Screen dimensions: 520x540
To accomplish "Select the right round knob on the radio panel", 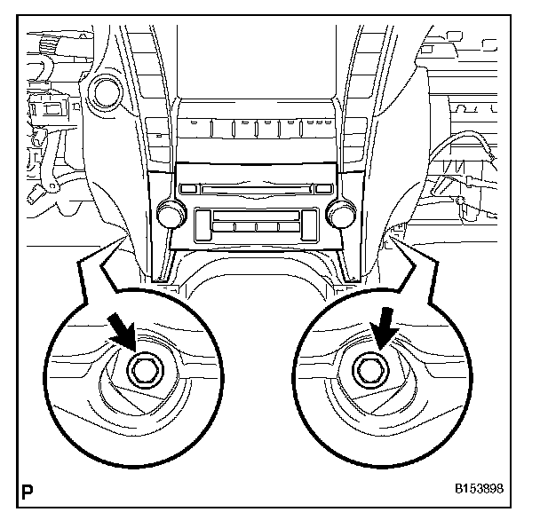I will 337,213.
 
